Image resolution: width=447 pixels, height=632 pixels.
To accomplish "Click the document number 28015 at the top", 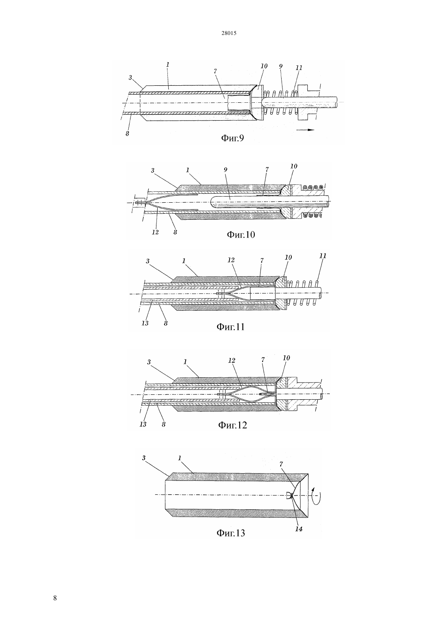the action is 229,33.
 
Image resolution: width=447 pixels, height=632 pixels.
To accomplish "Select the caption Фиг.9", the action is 232,138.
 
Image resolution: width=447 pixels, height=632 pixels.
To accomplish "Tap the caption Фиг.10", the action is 241,234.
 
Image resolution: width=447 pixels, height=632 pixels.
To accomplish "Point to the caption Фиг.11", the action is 230,327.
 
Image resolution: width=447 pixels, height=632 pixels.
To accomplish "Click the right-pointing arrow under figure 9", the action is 306,130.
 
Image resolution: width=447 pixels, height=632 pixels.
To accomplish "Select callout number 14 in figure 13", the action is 299,529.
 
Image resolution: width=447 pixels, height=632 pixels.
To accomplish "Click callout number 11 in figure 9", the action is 299,68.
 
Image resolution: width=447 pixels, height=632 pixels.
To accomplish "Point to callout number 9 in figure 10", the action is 226,169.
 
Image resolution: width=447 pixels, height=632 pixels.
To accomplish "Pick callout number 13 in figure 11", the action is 145,323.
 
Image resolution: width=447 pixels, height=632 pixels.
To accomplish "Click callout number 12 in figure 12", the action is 232,361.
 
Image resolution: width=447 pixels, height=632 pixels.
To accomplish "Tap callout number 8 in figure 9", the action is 127,134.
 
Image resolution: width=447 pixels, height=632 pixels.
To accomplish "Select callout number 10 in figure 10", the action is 294,166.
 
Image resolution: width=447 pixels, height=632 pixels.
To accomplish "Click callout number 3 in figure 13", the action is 143,458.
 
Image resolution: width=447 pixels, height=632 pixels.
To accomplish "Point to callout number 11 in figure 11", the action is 323,255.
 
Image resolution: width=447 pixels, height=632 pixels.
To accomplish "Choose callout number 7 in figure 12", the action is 263,359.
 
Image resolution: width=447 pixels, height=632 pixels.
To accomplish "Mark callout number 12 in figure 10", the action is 155,232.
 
